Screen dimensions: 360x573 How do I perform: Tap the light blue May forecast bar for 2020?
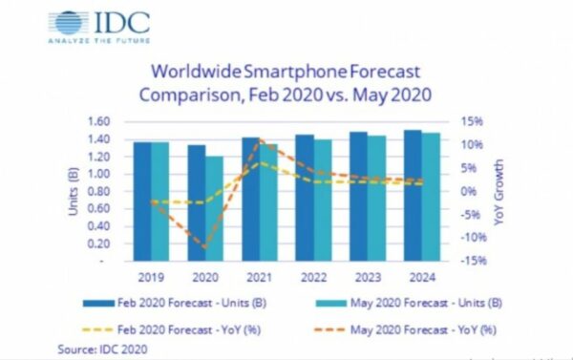pyautogui.click(x=216, y=208)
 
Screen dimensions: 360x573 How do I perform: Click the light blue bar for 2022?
pyautogui.click(x=324, y=201)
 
